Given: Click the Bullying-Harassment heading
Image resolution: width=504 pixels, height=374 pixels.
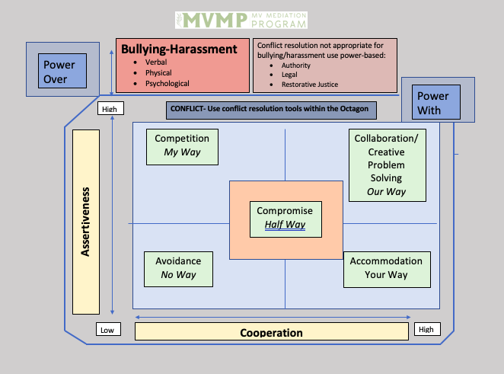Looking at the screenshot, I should click(x=179, y=50).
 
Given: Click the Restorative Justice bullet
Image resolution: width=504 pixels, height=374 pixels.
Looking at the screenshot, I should click(x=310, y=84).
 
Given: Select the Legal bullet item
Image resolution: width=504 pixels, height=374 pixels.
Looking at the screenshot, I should click(x=290, y=75).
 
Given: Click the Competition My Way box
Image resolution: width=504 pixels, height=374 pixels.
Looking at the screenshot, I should click(x=182, y=145).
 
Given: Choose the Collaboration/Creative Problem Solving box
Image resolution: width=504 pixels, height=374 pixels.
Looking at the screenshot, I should click(x=387, y=165).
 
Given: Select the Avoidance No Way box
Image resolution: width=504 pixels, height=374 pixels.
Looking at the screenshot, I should click(x=178, y=268).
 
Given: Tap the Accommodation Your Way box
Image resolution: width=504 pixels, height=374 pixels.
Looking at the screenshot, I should click(x=386, y=268).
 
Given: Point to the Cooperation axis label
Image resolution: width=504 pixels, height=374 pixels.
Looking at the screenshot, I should click(x=271, y=332).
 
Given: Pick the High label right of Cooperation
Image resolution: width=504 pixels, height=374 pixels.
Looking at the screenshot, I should click(x=426, y=330).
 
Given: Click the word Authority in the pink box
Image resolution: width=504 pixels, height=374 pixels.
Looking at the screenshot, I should click(x=295, y=66).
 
